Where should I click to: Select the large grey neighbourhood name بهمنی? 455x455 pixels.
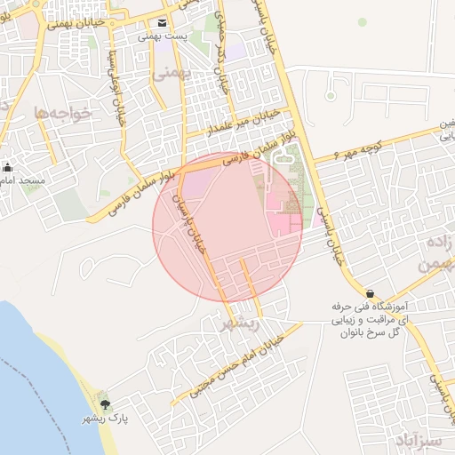pos(172,74)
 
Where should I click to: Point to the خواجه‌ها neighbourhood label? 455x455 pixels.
pos(56,112)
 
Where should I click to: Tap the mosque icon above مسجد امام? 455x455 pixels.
pos(8,166)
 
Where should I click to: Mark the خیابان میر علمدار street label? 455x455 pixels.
pos(240,122)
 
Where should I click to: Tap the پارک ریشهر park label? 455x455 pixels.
pos(107,418)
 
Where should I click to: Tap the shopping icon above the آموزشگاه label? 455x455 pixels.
pos(369,293)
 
